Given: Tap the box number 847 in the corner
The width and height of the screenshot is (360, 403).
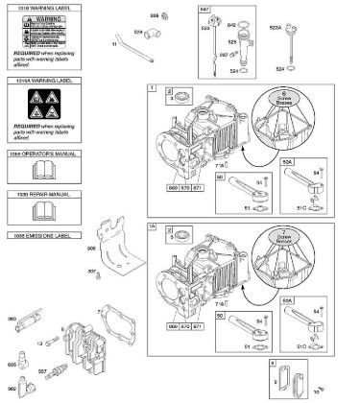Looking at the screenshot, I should [204, 8].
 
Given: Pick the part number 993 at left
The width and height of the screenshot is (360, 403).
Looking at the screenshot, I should [12, 320].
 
